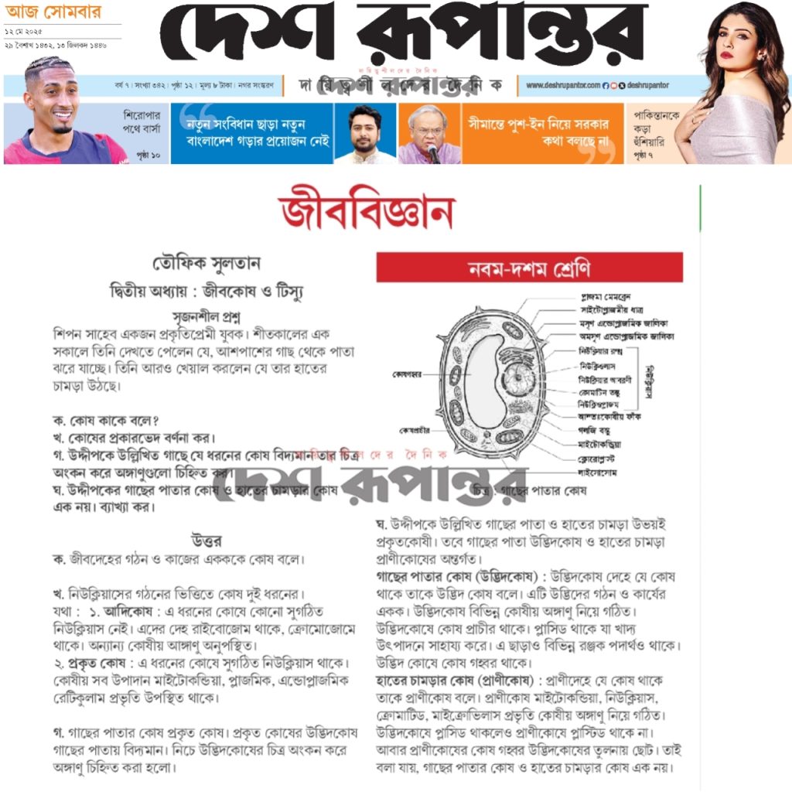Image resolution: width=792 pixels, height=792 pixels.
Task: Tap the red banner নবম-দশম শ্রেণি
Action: [529, 268]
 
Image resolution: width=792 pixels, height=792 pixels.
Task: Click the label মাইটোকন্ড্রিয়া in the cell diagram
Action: [599, 444]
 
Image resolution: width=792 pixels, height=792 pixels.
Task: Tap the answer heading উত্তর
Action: [207, 539]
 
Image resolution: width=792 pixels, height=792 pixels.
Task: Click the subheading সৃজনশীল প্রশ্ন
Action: [207, 316]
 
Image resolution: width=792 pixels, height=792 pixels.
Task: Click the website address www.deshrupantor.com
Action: [563, 85]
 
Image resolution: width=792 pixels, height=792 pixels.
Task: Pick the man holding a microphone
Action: [428, 133]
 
